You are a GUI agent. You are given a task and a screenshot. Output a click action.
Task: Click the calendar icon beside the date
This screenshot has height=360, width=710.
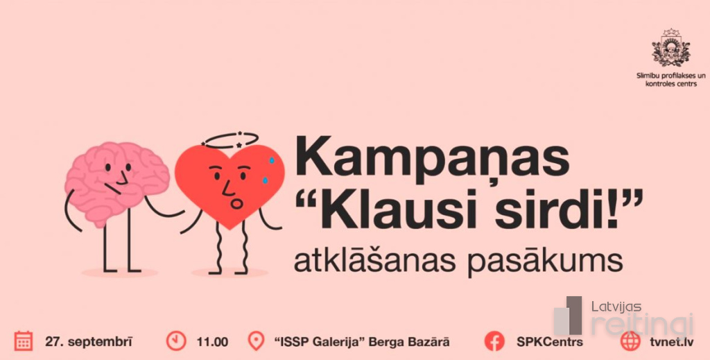[24, 341]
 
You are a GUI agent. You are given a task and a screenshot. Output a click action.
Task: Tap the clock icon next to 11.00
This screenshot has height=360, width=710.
[176, 341]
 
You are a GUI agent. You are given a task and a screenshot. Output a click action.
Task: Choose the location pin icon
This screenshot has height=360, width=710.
[257, 341]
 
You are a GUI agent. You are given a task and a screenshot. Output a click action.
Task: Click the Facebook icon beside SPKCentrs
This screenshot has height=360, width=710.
[494, 341]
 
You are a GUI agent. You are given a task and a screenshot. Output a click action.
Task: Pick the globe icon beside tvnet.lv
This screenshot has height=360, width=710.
[630, 341]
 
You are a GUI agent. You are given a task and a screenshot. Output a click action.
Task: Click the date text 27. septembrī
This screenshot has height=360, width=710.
[88, 341]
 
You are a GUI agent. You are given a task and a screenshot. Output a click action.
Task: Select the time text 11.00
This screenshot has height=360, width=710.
[212, 341]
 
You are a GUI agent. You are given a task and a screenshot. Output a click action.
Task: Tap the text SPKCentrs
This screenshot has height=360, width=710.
[550, 341]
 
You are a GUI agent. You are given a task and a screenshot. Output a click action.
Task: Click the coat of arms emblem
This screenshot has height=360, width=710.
[670, 48]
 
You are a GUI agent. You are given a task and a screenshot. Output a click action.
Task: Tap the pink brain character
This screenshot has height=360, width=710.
[116, 181]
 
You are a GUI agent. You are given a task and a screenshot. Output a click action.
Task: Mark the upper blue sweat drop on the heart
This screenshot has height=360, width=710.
[272, 160]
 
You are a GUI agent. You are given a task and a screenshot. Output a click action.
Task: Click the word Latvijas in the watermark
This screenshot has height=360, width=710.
[616, 307]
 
